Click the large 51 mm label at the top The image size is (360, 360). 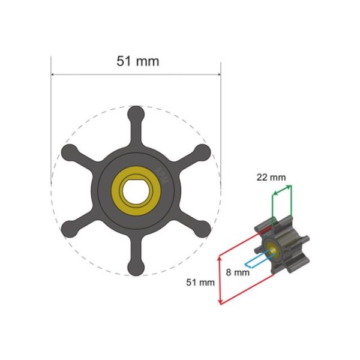pos(137,61)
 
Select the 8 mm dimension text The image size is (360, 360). pos(237,272)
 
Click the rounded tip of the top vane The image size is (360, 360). pos(137,113)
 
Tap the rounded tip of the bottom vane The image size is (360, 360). pos(137,268)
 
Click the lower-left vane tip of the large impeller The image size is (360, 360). pos(70,229)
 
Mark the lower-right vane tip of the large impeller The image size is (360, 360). pos(203,229)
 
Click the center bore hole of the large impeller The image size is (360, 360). pos(137,191)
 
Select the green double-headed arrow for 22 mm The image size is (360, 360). pos(283,190)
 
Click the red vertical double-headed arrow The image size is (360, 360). pos(219,279)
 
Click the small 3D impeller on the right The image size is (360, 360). pos(282,246)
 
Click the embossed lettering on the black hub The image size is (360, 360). pos(161,174)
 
